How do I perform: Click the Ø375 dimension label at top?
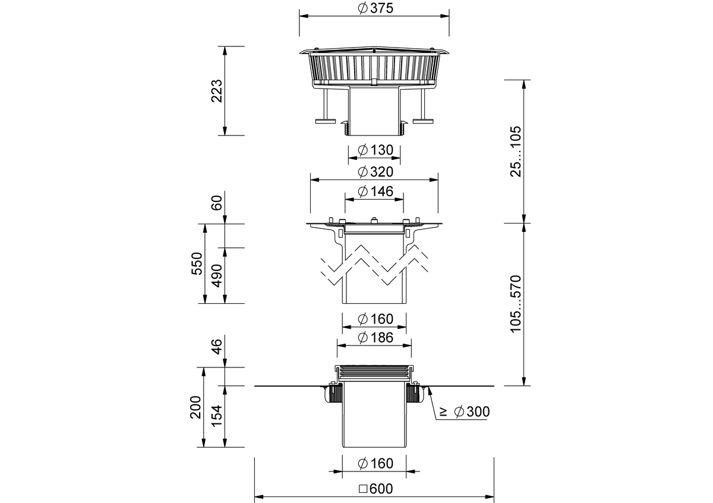click(x=376, y=8)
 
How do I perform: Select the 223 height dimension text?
click(x=217, y=91)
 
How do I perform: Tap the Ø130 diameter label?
click(x=376, y=150)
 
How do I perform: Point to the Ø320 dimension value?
click(x=376, y=172)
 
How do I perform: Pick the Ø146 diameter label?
click(x=376, y=191)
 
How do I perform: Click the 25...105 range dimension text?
click(x=516, y=151)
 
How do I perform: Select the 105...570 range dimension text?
click(x=516, y=304)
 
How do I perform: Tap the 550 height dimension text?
click(x=197, y=263)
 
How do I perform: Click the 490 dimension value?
click(x=217, y=275)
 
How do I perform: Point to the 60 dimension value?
click(x=217, y=203)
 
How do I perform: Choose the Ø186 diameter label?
click(x=376, y=338)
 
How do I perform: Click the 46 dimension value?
click(x=217, y=347)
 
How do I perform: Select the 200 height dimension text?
click(x=195, y=407)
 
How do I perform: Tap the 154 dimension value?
click(x=217, y=416)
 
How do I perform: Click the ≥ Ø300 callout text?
click(x=465, y=412)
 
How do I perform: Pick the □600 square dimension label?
click(x=376, y=489)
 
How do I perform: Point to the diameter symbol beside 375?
click(x=362, y=8)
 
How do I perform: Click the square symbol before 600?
click(x=363, y=489)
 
